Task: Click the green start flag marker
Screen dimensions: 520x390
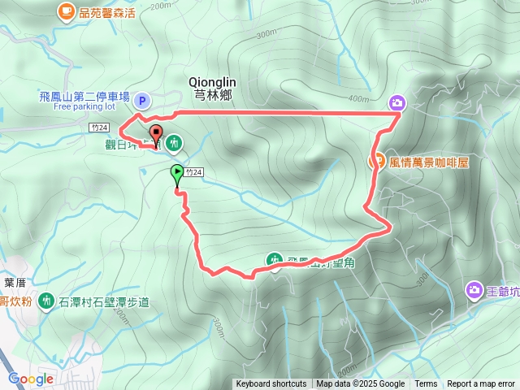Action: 176,173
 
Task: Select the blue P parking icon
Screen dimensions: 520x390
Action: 142,100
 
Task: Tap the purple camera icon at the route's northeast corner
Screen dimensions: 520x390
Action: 397,102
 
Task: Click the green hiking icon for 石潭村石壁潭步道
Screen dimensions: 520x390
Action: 45,301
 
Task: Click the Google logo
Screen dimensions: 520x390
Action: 31,379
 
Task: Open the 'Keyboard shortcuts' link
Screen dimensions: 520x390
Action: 271,384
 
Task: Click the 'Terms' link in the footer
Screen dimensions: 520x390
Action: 426,384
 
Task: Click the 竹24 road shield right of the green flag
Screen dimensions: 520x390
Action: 193,172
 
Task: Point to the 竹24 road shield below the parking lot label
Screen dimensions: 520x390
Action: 99,127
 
